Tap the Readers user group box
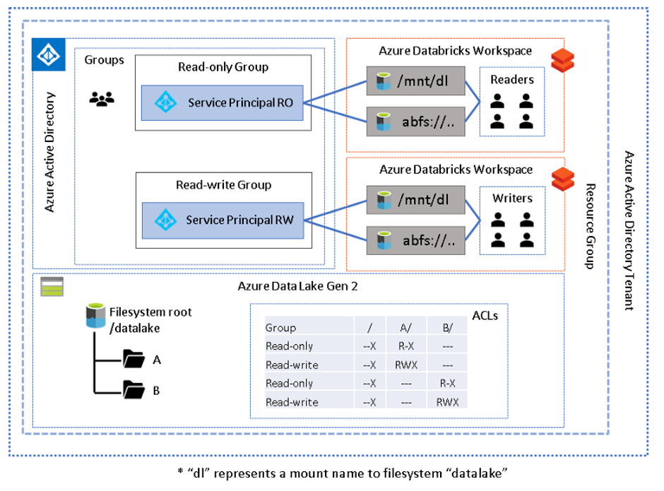coord(511,100)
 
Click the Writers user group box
coord(511,220)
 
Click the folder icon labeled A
coord(133,359)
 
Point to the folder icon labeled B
coord(133,389)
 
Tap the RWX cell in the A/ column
coord(405,365)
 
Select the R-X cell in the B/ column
coord(446,384)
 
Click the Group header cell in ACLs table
coord(281,327)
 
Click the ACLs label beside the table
coord(485,316)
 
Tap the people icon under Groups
coord(102,99)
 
